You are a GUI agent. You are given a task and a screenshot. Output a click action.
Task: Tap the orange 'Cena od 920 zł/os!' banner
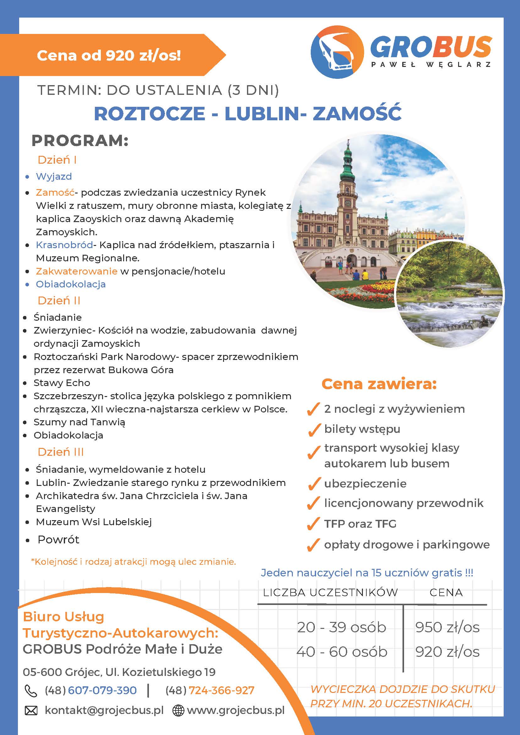click(x=109, y=55)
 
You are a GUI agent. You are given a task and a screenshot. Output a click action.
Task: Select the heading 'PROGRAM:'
click(x=80, y=141)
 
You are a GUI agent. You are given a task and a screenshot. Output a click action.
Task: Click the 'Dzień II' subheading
click(x=59, y=301)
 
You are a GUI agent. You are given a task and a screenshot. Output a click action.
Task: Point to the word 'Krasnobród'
click(x=64, y=245)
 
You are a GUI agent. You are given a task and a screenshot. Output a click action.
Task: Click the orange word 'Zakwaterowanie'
click(x=77, y=271)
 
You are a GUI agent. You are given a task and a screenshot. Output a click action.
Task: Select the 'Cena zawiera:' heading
click(x=379, y=384)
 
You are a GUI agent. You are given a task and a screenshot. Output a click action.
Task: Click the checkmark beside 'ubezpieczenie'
click(x=314, y=484)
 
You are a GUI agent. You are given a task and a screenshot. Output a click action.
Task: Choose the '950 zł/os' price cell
click(x=447, y=627)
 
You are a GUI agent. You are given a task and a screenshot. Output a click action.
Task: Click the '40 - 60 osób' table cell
click(x=342, y=651)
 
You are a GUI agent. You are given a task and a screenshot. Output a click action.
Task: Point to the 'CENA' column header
click(x=446, y=592)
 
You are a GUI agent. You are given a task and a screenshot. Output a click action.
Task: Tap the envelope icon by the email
click(x=31, y=710)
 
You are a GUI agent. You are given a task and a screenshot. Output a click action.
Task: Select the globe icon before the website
click(x=178, y=710)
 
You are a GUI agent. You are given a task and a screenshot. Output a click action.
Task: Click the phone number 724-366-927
click(x=221, y=690)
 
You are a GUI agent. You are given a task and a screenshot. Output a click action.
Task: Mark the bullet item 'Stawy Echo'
click(x=62, y=383)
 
